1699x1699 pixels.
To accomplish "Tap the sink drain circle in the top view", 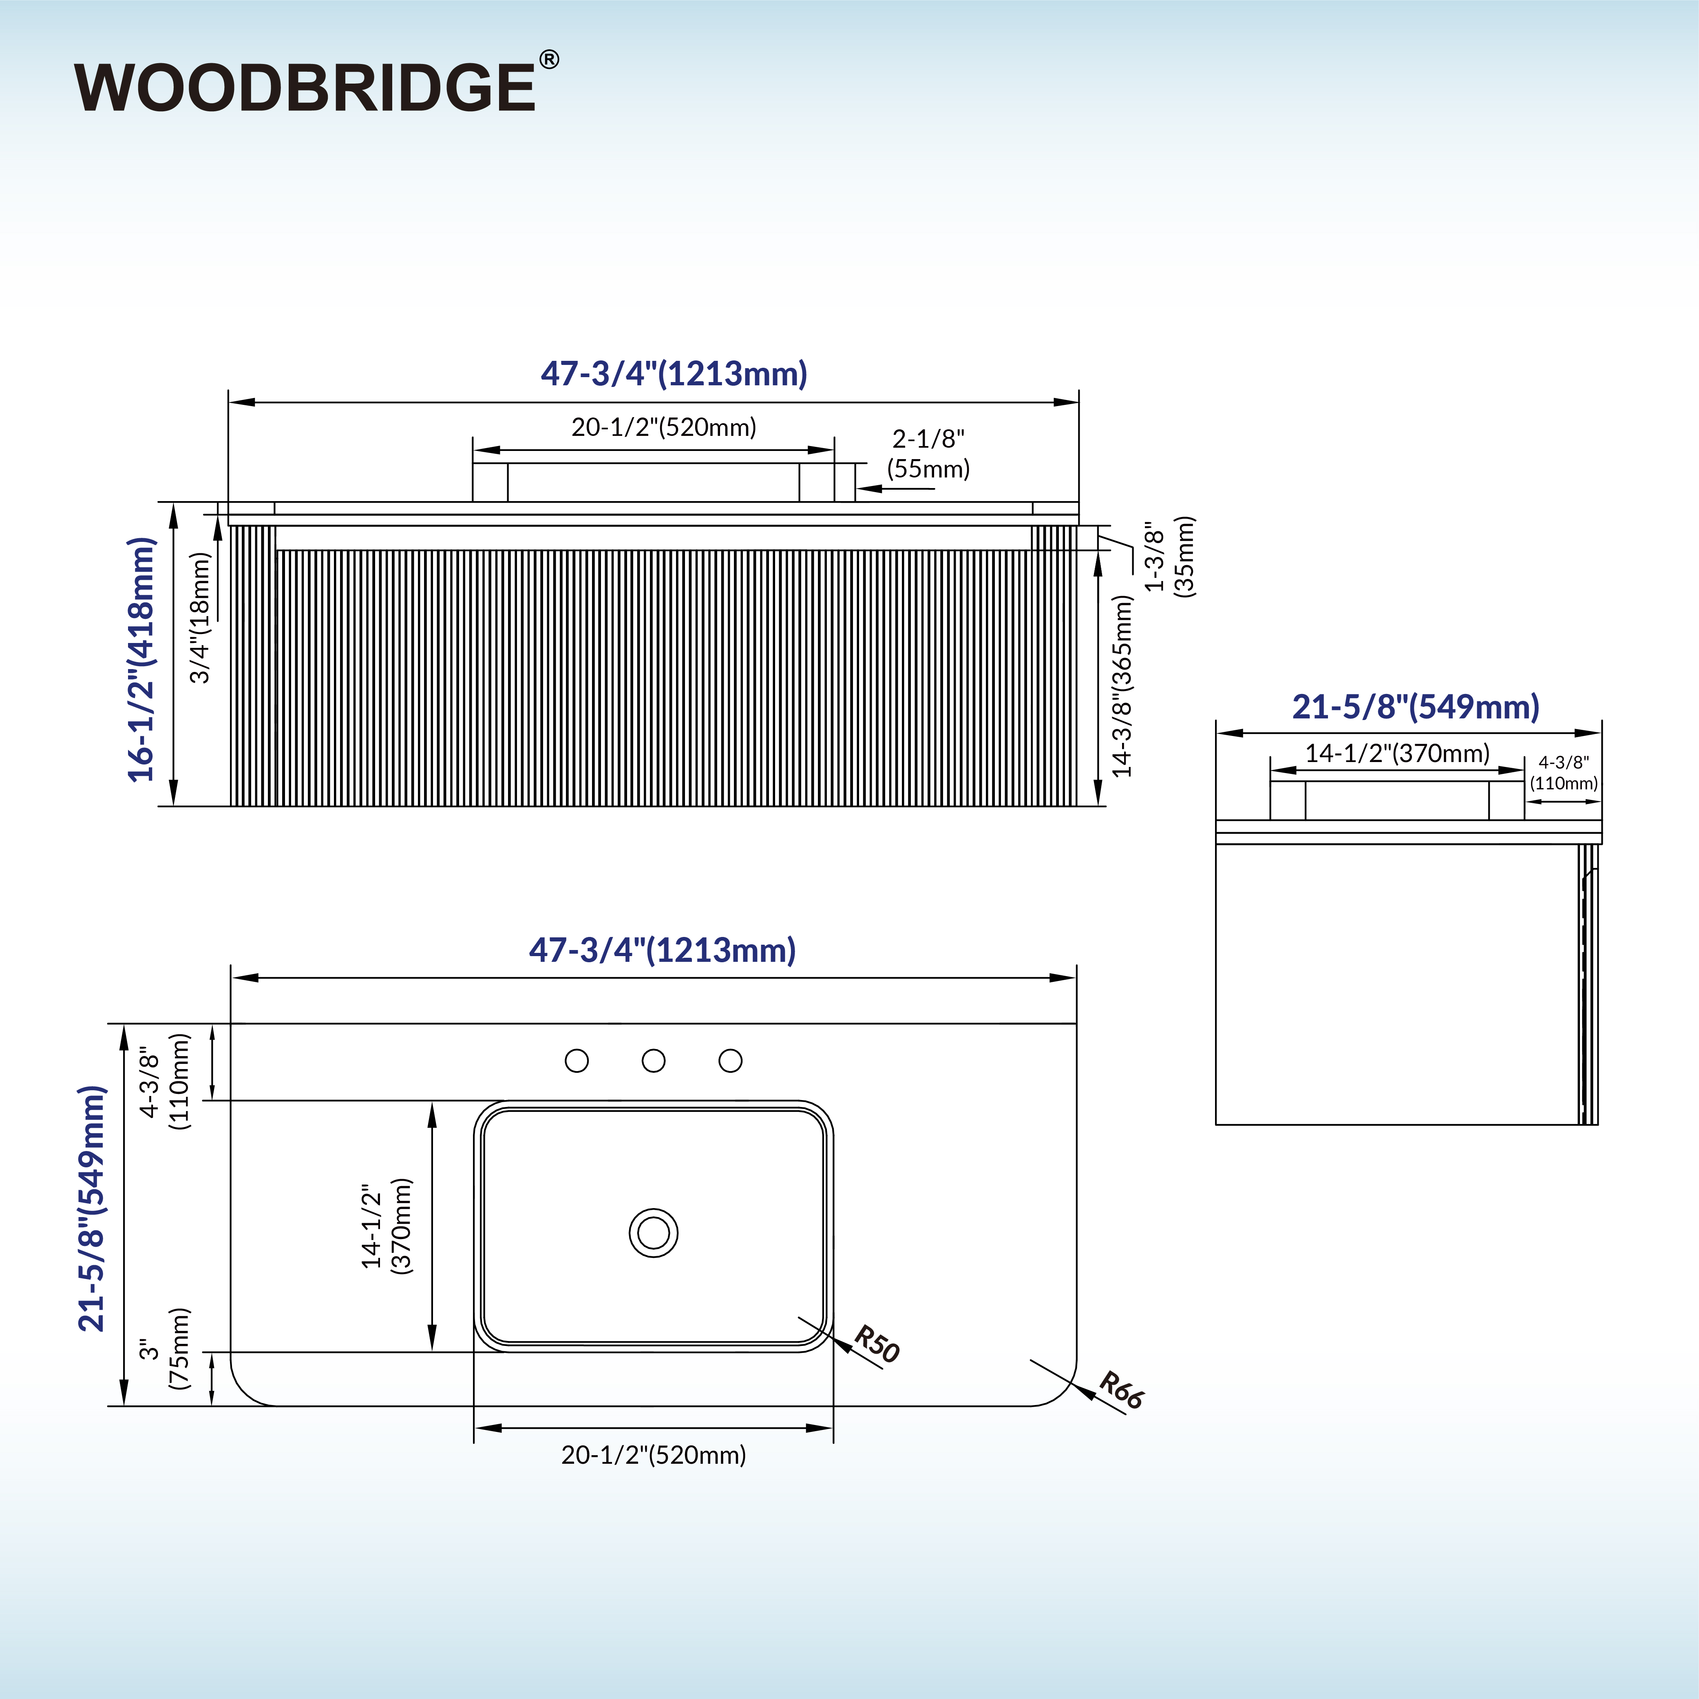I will click(x=654, y=1233).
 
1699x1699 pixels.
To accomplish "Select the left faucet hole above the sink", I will click(x=577, y=1060).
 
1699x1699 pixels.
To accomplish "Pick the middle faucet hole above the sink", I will click(x=654, y=1060).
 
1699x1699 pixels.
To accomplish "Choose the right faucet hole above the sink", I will click(x=730, y=1060).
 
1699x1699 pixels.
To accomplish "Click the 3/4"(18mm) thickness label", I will click(x=201, y=617).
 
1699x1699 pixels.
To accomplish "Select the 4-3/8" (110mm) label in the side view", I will click(x=1564, y=773).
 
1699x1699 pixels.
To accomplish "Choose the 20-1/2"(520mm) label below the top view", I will click(x=654, y=1456).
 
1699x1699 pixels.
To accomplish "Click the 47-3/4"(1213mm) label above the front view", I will click(x=674, y=374).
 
